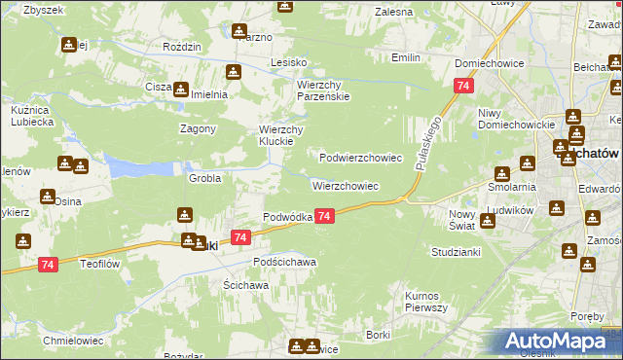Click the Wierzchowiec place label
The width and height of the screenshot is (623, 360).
[345, 185]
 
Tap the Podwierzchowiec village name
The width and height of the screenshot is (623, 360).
[361, 157]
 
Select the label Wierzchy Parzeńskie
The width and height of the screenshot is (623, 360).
[324, 90]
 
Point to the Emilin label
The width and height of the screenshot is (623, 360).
[406, 58]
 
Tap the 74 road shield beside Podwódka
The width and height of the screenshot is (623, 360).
[325, 216]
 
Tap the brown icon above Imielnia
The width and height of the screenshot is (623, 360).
[234, 72]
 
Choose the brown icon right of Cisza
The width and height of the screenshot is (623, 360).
[182, 89]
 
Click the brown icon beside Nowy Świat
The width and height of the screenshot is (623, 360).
[488, 220]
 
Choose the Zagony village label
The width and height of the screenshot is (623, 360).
[198, 128]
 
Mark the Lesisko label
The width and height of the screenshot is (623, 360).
[289, 62]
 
